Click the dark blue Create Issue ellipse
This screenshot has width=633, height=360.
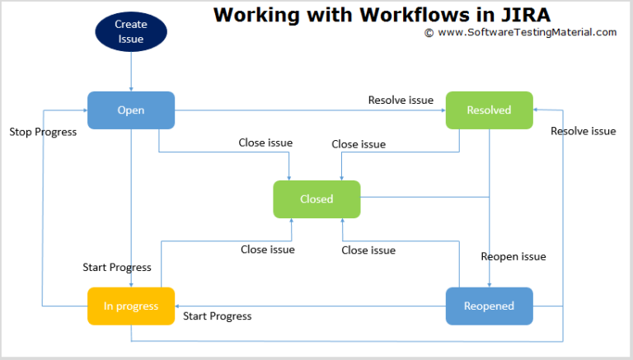[x=131, y=31]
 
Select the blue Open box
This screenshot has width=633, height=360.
[x=131, y=110]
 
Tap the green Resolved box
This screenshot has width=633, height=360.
[x=489, y=110]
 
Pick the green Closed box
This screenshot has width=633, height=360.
[x=316, y=199]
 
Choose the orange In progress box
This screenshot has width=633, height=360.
[x=131, y=306]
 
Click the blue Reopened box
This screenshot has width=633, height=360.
[x=489, y=306]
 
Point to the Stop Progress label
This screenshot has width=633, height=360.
[x=43, y=132]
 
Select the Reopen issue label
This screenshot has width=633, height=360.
[x=513, y=257]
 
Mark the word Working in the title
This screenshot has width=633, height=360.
[x=251, y=14]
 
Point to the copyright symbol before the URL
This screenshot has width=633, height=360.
[x=429, y=33]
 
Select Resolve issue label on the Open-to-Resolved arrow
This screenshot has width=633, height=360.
[x=401, y=101]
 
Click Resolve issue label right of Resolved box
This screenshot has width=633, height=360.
[x=583, y=131]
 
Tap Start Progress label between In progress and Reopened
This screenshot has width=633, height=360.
[x=217, y=316]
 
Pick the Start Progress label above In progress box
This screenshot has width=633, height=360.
[x=117, y=268]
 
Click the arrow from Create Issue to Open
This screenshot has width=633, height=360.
[x=131, y=70]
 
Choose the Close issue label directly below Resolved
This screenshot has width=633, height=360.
[x=359, y=144]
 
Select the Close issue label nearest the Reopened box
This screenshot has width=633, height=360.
[x=368, y=250]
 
